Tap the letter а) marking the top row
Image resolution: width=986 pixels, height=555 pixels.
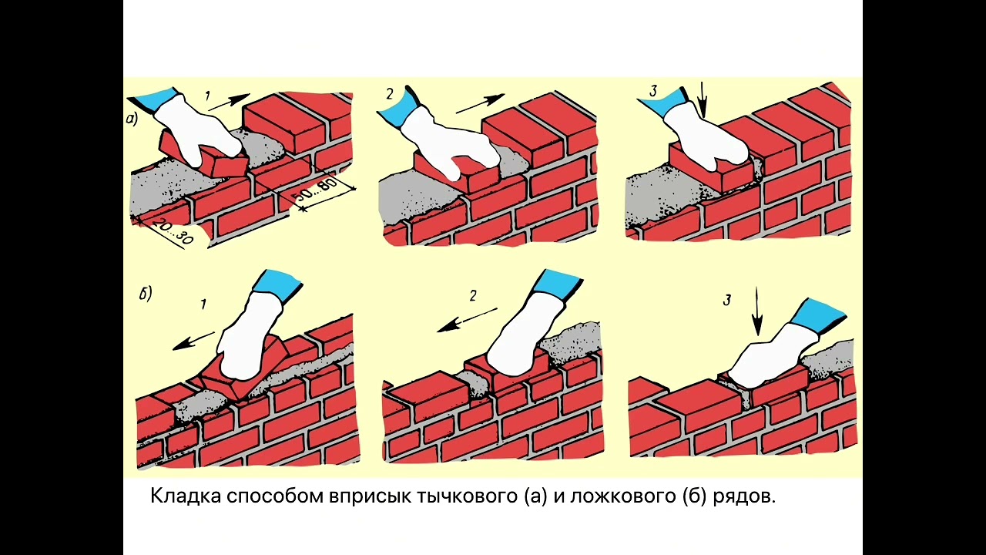tap(132, 119)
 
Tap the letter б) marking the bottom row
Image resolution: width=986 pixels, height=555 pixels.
tap(146, 293)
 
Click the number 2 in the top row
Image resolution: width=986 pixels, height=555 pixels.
tap(390, 94)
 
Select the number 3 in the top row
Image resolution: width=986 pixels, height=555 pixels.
tap(653, 92)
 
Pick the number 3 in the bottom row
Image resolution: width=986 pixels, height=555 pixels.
tap(726, 300)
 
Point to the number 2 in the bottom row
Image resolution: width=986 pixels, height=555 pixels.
tap(473, 295)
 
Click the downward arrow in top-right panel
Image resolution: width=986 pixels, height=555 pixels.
tap(702, 100)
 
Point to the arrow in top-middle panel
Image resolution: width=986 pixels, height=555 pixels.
tap(479, 104)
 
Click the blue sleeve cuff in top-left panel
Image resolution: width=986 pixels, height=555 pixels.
tap(156, 99)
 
